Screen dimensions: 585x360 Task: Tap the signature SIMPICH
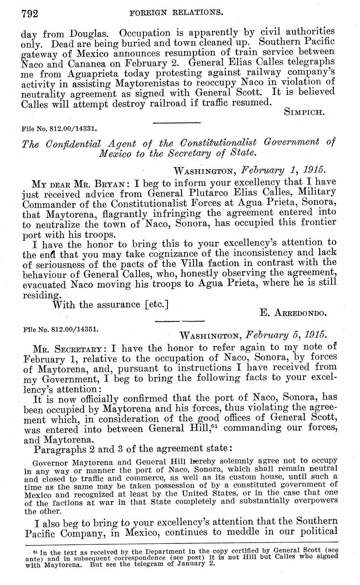pos(308,112)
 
